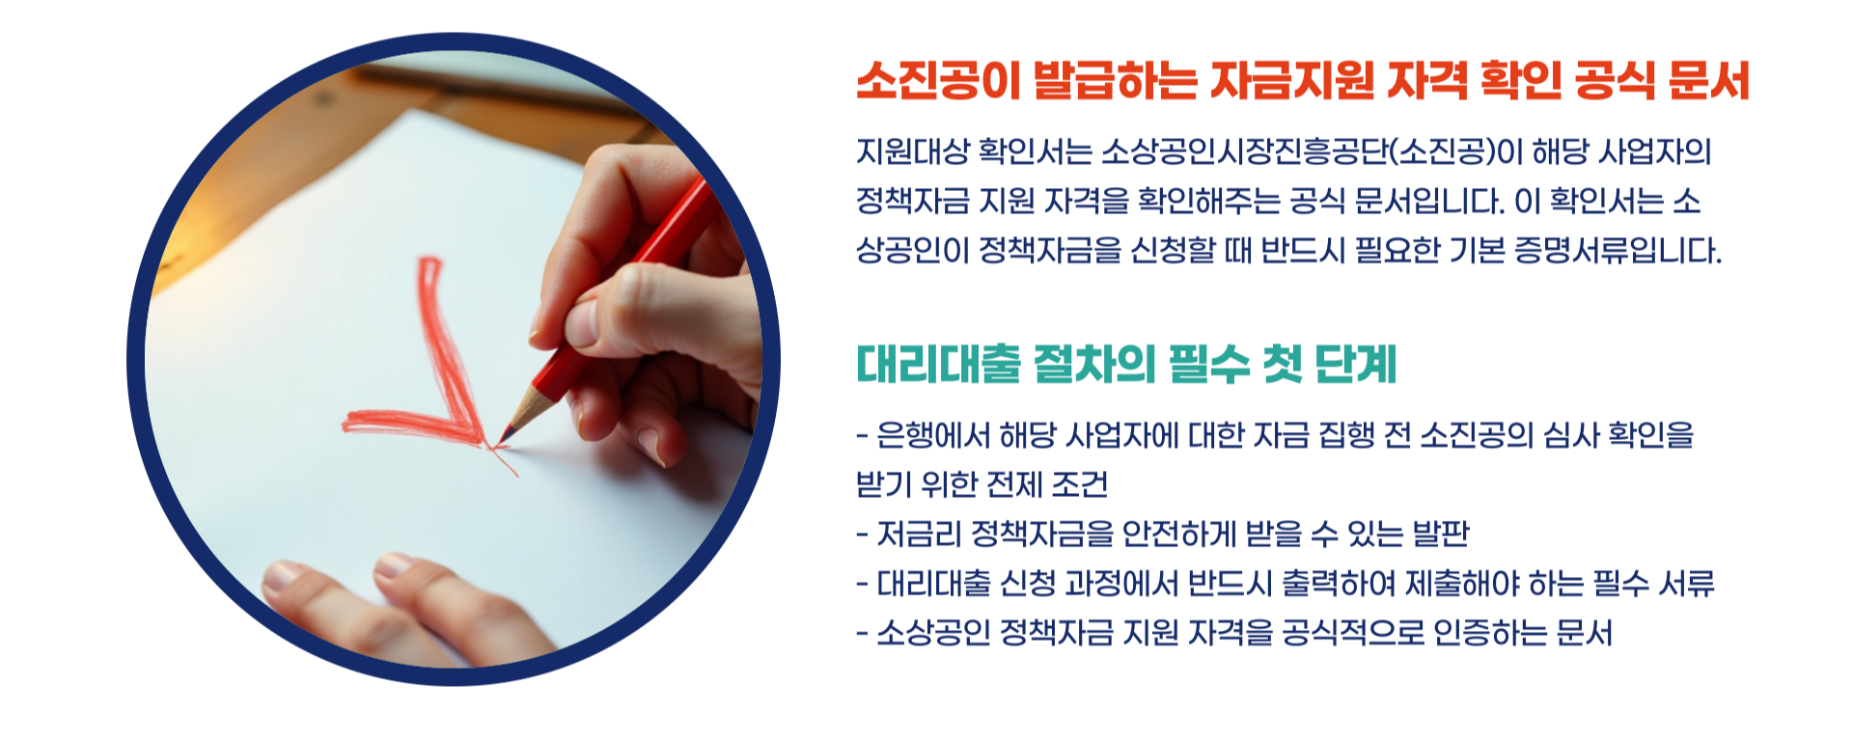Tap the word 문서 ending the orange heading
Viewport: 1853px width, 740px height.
pyautogui.click(x=1707, y=81)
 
